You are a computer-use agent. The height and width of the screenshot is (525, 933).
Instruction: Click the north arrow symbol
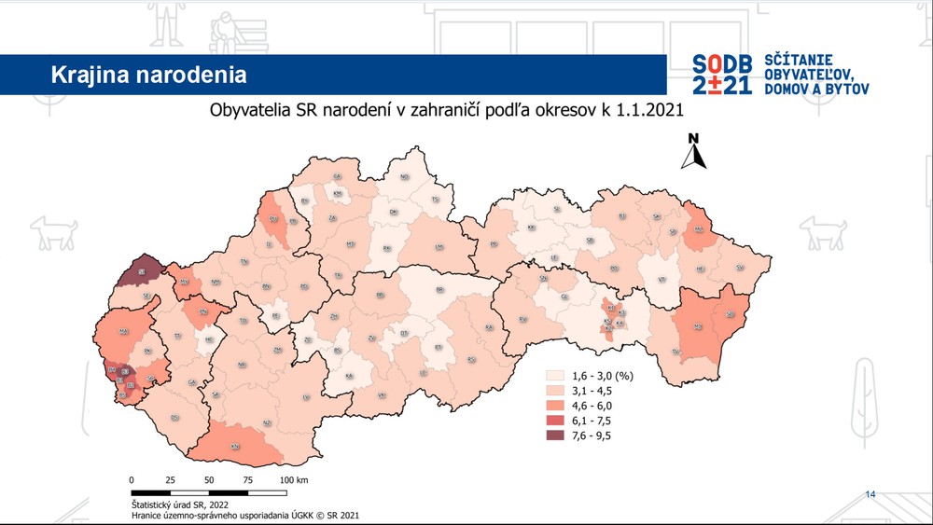pyautogui.click(x=693, y=152)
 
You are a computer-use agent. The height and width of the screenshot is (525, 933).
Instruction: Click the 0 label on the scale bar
pyautogui.click(x=132, y=479)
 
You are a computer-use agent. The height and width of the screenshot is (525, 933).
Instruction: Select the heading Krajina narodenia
pyautogui.click(x=149, y=73)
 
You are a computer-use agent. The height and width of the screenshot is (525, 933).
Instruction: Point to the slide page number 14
pyautogui.click(x=871, y=493)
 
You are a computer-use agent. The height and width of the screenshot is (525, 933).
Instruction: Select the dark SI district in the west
pyautogui.click(x=141, y=272)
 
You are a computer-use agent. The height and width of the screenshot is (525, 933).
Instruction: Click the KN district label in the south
pyautogui.click(x=237, y=447)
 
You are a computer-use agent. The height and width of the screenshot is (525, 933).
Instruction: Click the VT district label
pyautogui.click(x=661, y=279)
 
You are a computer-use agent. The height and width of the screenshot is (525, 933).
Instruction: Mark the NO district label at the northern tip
pyautogui.click(x=405, y=176)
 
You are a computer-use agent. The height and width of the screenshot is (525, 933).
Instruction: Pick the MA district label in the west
pyautogui.click(x=124, y=331)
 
